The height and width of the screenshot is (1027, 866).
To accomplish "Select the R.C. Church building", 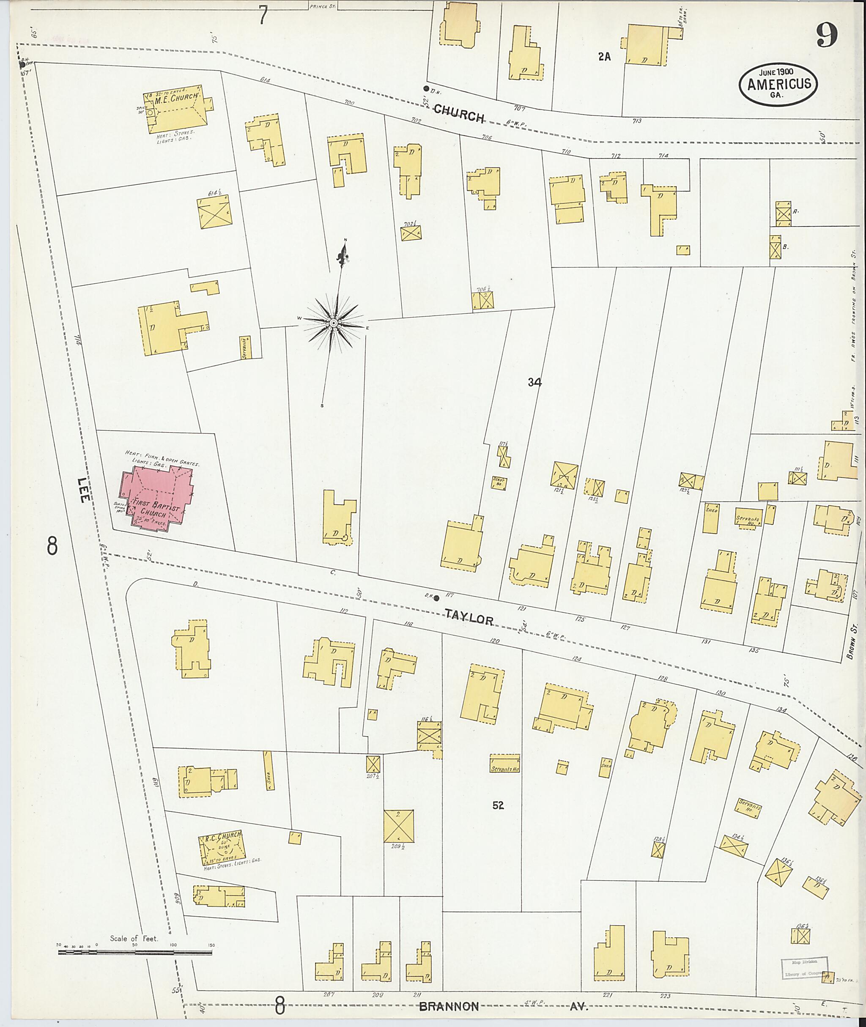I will [x=221, y=848].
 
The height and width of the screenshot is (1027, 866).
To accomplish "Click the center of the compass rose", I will [x=333, y=323].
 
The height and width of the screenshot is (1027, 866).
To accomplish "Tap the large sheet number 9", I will [x=827, y=36].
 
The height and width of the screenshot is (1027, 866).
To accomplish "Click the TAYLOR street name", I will [x=469, y=617].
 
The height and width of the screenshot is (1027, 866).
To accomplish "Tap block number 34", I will [x=534, y=382].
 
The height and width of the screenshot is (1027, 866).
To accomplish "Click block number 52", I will [x=498, y=805].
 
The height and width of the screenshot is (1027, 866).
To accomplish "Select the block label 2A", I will [x=604, y=57].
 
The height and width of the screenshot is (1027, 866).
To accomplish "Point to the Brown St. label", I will [x=854, y=641].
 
